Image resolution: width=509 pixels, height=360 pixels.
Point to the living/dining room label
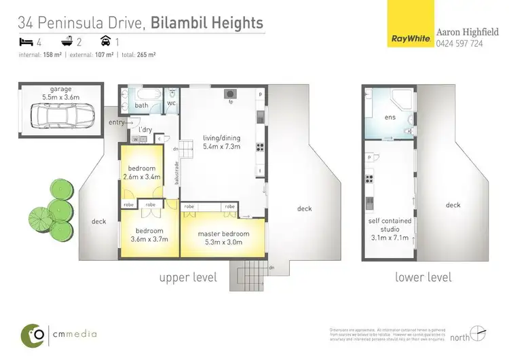(x=222, y=143)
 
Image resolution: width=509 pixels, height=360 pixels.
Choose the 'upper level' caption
(x=188, y=277)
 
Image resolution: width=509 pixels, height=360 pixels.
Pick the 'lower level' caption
(x=423, y=277)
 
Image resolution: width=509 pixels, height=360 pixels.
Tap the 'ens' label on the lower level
(x=390, y=117)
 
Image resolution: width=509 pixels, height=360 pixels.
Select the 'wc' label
(x=172, y=104)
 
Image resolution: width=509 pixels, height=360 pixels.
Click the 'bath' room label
(x=141, y=105)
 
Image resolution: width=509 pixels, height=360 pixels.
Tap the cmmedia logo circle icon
(x=33, y=334)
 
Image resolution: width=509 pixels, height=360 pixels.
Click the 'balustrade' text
(x=175, y=173)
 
